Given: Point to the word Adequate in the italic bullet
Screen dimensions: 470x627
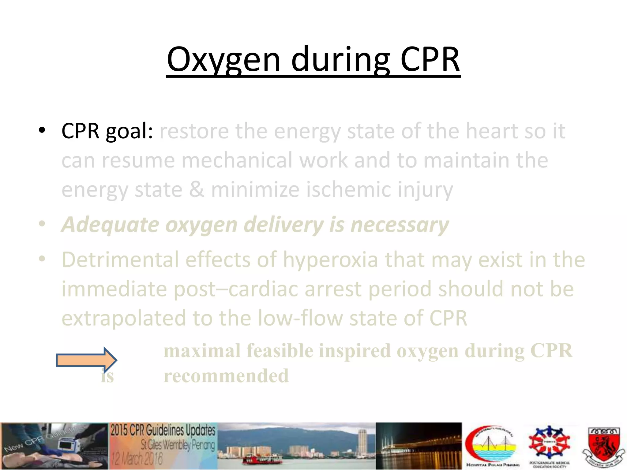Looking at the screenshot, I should (x=110, y=225).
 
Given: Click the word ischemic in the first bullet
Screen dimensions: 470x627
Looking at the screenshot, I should (x=348, y=189).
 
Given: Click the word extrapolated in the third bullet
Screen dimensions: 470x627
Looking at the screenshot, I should (x=124, y=318).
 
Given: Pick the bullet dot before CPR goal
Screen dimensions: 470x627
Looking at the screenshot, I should (x=42, y=130).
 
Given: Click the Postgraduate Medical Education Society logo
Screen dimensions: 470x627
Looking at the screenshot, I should (x=549, y=446).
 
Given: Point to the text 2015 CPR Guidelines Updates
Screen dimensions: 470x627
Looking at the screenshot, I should (x=163, y=431).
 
